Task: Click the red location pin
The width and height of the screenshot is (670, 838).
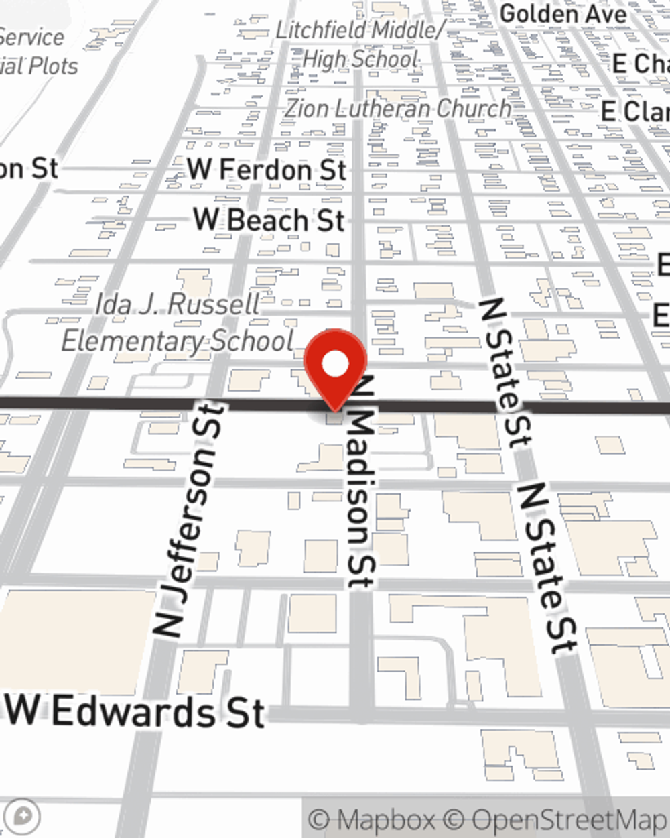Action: pos(336,366)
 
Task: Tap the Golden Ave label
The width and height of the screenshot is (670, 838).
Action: pos(563,13)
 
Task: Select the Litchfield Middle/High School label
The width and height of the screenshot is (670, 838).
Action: pos(360,44)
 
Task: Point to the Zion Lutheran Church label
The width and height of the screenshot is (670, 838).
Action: pos(398,109)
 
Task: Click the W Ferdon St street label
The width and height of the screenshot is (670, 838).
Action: pos(267,169)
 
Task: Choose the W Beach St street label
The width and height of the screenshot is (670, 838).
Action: pos(269,220)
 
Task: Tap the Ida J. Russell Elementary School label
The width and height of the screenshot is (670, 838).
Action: pos(178,322)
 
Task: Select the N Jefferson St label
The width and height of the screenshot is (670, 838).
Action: pos(189,520)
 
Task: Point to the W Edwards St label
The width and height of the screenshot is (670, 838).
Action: pos(137,711)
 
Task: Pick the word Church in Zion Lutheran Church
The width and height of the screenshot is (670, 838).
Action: pos(474,109)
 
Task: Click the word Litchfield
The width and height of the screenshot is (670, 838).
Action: pos(321,29)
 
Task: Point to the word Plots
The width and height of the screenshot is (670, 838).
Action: pos(54,66)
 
